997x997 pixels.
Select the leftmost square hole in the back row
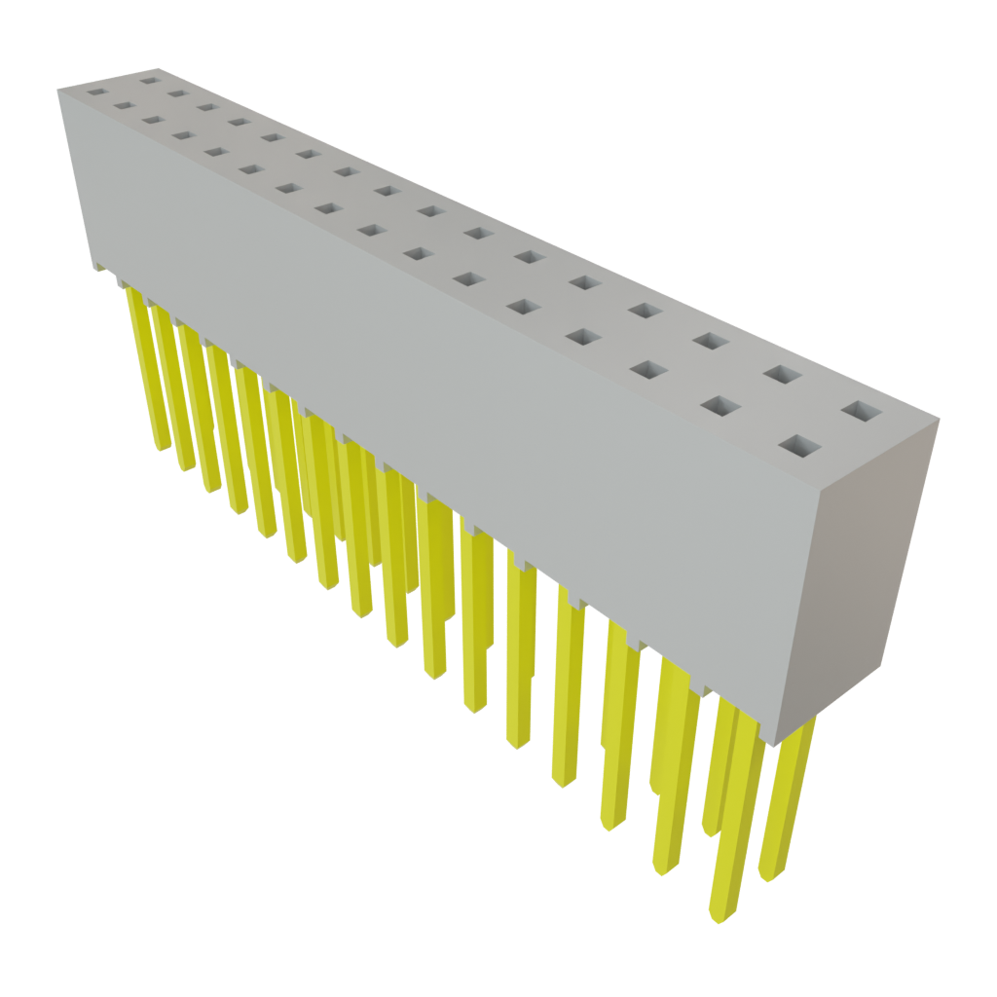(150, 79)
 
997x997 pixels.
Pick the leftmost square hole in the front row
(95, 92)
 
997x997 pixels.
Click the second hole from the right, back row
(782, 373)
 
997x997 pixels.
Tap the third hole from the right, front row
(649, 370)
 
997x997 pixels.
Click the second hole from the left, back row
(177, 93)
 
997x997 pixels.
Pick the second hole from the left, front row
(124, 106)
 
